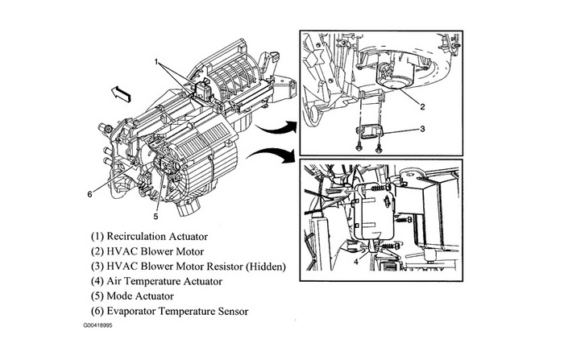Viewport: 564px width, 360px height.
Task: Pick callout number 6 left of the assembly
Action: (x=89, y=193)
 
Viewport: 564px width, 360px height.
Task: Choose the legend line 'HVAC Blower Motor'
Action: (x=142, y=252)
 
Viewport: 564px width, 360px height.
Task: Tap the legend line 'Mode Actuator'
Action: (x=131, y=296)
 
